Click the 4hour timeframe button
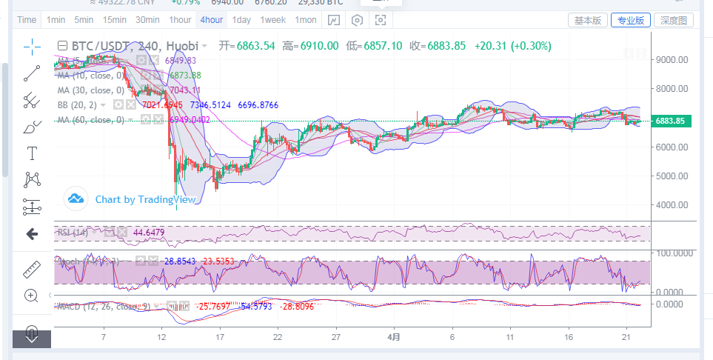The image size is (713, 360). coord(211,20)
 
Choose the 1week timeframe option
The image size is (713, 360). coord(273,20)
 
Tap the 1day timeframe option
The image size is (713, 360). coord(241,20)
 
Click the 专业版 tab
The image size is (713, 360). coord(631,20)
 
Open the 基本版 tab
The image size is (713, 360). coord(588,20)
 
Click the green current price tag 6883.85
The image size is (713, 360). coord(672,121)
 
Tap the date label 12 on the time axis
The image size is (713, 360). coord(161,336)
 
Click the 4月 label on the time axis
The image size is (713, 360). coord(394,336)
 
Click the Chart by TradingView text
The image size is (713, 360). coord(145,199)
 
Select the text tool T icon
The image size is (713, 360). coord(32,153)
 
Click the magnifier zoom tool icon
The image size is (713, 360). coord(31,296)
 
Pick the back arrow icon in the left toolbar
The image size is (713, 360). coord(32,235)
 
